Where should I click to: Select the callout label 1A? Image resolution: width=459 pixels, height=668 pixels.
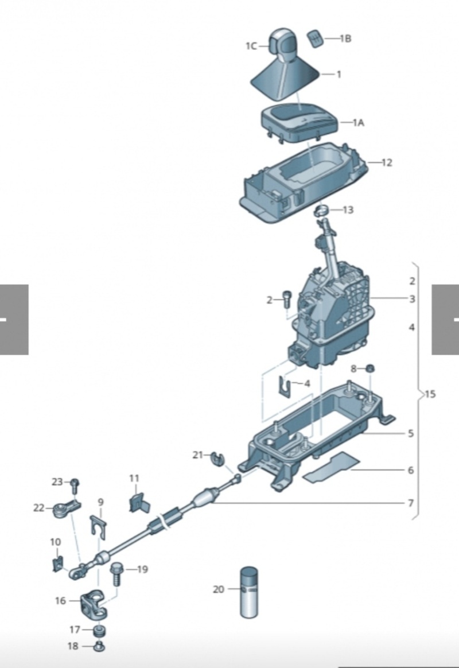359,123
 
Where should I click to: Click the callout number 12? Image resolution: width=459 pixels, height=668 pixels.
387,162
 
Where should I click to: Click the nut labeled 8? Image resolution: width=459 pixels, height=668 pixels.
369,368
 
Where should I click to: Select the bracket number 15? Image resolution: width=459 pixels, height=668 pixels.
430,394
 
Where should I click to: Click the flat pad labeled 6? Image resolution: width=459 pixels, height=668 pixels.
331,467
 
